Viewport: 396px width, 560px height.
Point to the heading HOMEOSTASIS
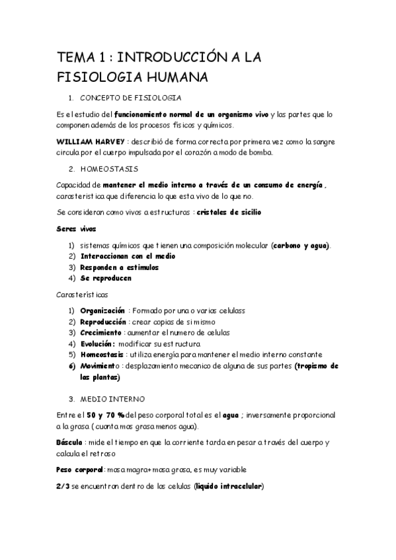[109, 170]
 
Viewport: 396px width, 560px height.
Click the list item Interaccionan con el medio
[128, 256]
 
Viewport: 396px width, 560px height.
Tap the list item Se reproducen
[106, 278]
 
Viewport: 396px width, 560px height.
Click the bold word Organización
[102, 310]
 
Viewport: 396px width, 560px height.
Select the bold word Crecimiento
[101, 332]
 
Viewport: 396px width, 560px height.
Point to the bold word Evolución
[98, 343]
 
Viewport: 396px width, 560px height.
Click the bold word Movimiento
[100, 366]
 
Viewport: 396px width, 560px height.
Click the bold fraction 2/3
[65, 487]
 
